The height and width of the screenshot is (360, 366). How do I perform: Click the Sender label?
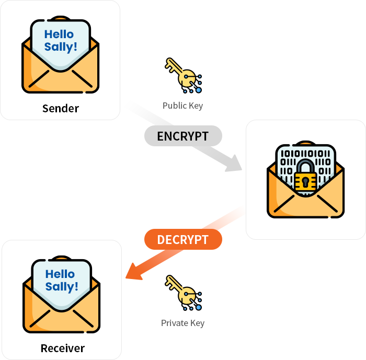pyautogui.click(x=61, y=109)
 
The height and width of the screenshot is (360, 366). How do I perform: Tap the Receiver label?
pyautogui.click(x=63, y=348)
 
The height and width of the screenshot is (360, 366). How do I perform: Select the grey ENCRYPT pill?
pyautogui.click(x=183, y=136)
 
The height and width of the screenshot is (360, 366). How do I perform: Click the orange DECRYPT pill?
pyautogui.click(x=183, y=240)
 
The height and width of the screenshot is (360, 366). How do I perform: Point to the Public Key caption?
pyautogui.click(x=182, y=106)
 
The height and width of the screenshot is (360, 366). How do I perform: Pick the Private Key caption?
pyautogui.click(x=182, y=323)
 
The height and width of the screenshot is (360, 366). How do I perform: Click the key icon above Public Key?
pyautogui.click(x=183, y=76)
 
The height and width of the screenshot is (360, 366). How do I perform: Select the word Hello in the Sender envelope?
pyautogui.click(x=59, y=34)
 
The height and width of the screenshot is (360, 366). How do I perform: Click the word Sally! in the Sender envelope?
pyautogui.click(x=61, y=47)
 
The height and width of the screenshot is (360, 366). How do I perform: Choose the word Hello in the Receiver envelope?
pyautogui.click(x=60, y=274)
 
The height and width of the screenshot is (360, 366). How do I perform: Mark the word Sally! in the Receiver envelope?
pyautogui.click(x=62, y=286)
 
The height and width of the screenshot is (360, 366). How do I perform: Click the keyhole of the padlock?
pyautogui.click(x=305, y=182)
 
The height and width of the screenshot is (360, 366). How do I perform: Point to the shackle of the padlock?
pyautogui.click(x=305, y=166)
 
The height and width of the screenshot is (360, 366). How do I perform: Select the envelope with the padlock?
pyautogui.click(x=306, y=180)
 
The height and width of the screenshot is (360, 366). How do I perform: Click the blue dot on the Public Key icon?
pyautogui.click(x=198, y=90)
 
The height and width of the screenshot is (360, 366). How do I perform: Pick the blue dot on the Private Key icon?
pyautogui.click(x=198, y=308)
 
